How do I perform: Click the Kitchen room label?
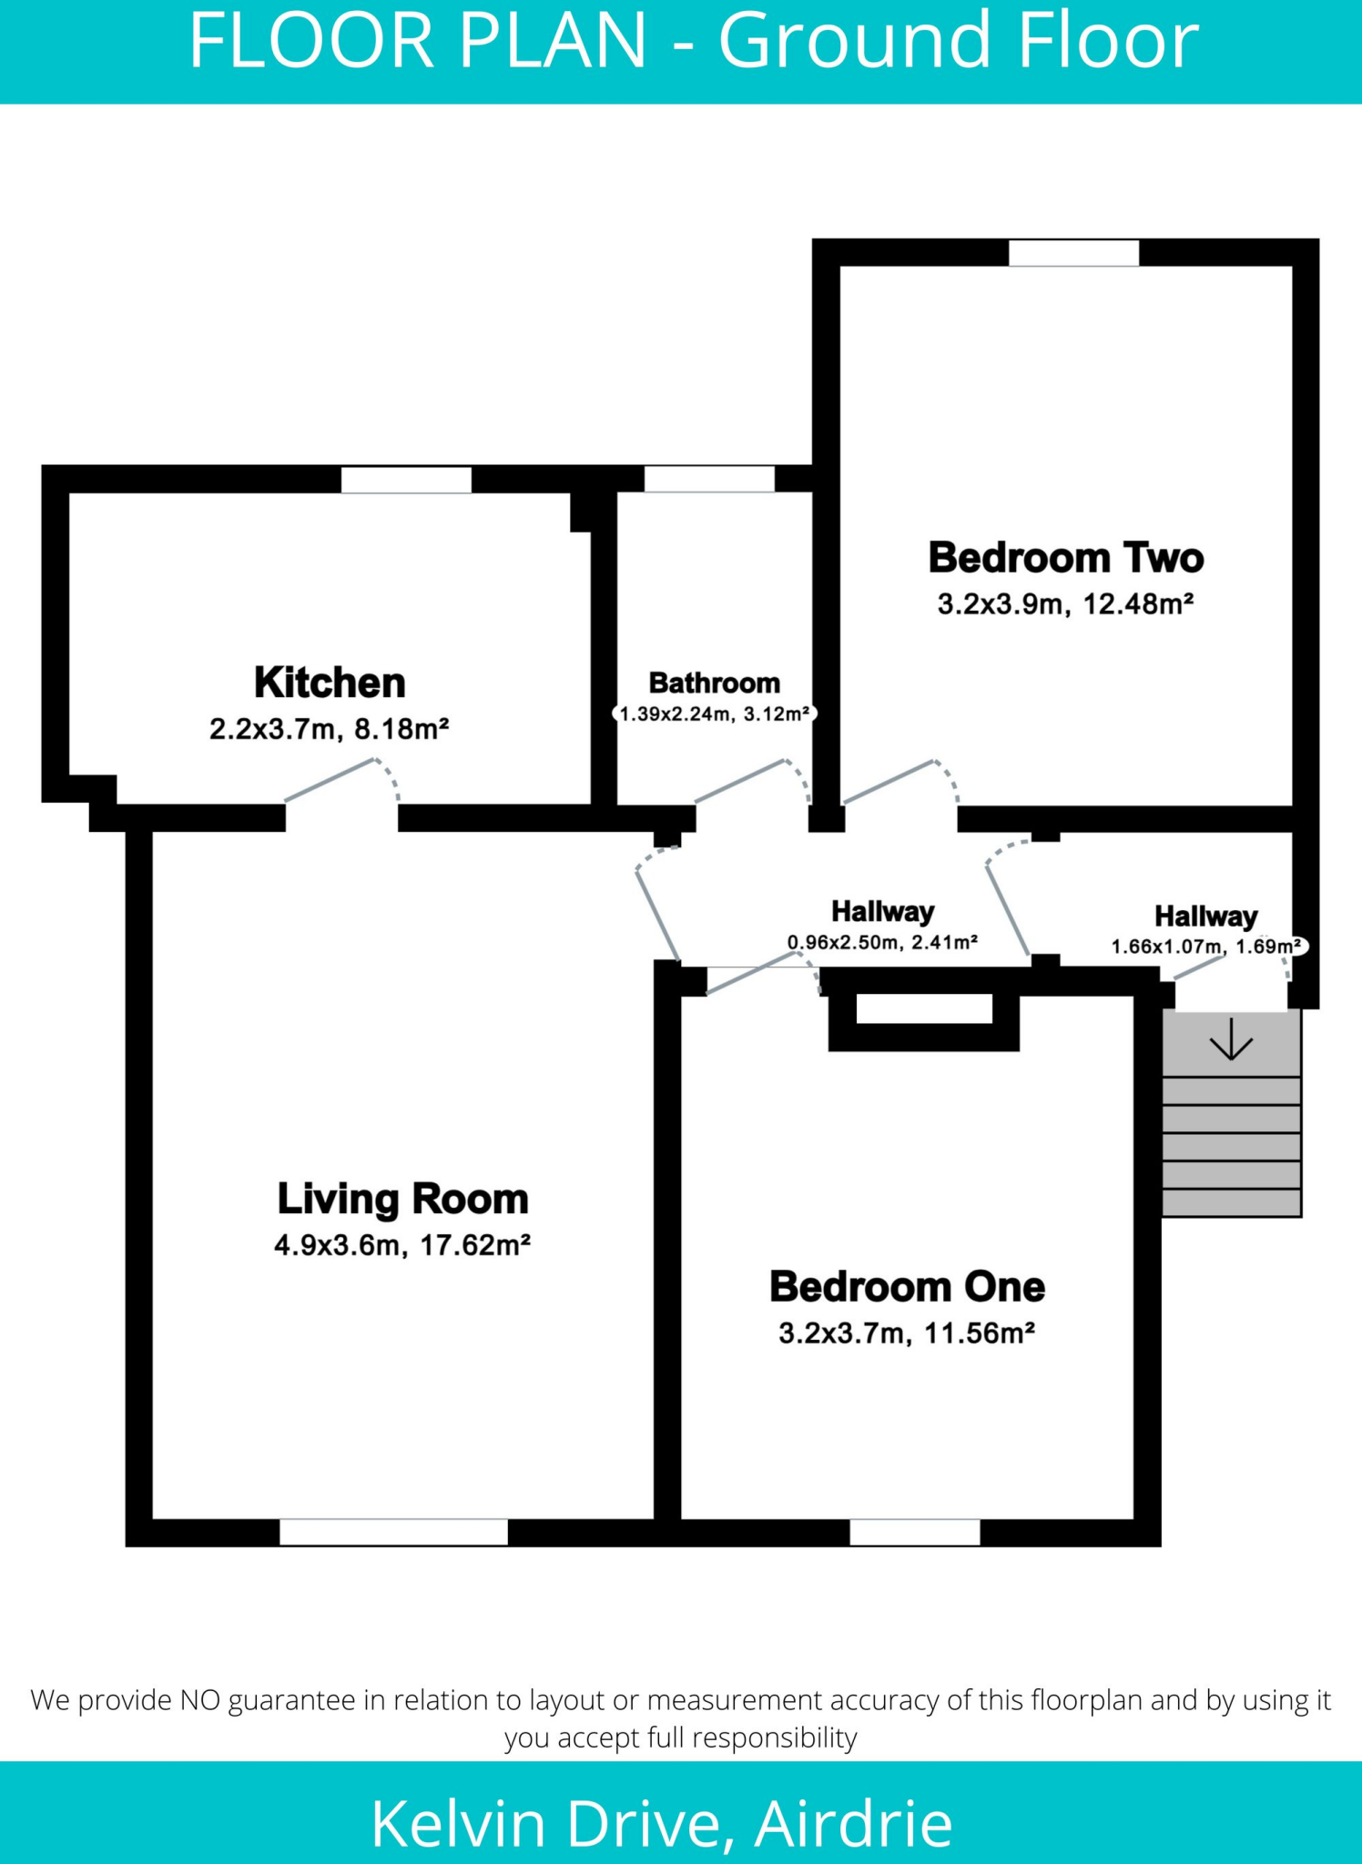(x=330, y=683)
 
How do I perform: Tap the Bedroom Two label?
(x=1065, y=558)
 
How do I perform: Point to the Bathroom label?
(x=714, y=683)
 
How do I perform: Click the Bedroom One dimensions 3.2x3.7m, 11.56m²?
(x=906, y=1333)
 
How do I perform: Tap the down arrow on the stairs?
(x=1231, y=1040)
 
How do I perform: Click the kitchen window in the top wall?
(x=406, y=480)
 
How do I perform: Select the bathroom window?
(x=709, y=479)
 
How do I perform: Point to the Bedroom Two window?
(x=1073, y=253)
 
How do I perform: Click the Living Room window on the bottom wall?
(x=393, y=1533)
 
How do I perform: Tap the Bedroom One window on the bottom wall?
(x=914, y=1533)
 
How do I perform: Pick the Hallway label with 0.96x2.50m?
(x=882, y=912)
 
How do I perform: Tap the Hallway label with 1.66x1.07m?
(x=1205, y=917)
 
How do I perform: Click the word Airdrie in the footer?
(x=853, y=1823)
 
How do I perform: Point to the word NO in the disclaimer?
(x=200, y=1700)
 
